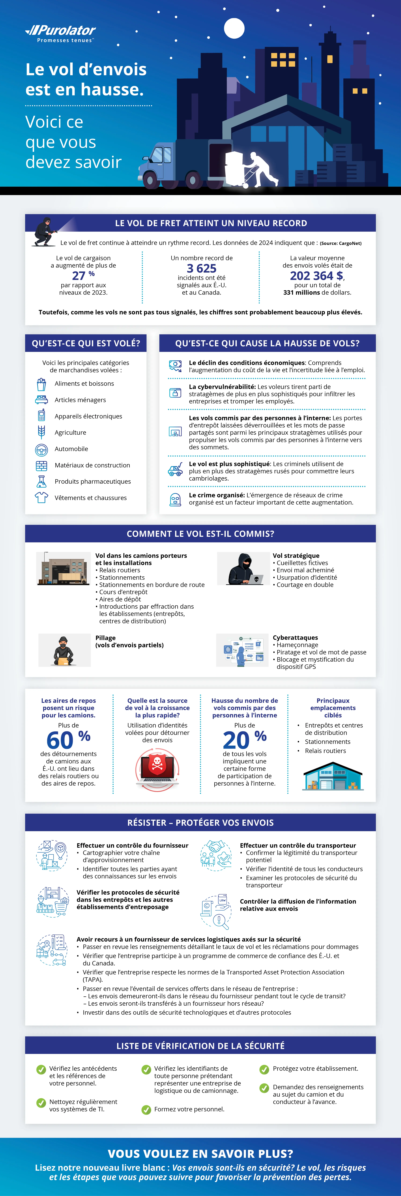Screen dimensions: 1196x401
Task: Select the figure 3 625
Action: (x=202, y=268)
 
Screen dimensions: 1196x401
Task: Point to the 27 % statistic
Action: (x=83, y=275)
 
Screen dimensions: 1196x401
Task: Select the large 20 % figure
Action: (x=244, y=740)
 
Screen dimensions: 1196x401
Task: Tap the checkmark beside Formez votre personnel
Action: (x=146, y=1110)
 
